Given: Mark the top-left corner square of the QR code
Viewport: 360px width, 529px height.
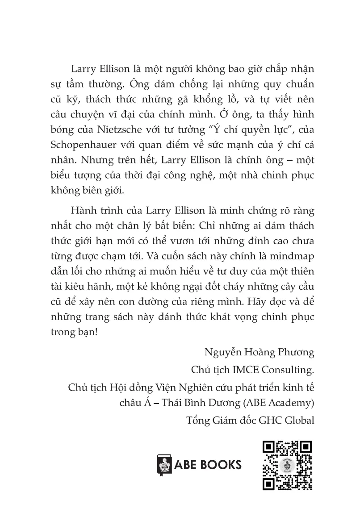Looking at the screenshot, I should coord(268,447).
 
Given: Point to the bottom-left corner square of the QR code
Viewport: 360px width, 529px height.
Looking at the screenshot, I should coord(268,483).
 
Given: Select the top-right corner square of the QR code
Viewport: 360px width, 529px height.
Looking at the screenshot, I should coord(305,447).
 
